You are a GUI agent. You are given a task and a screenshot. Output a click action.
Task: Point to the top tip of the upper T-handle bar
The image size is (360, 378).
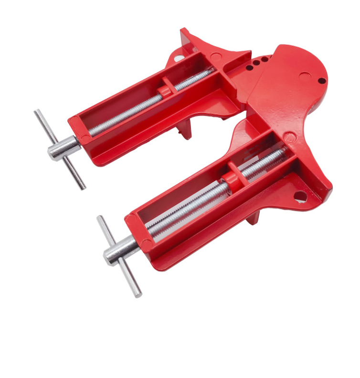click(x=36, y=112)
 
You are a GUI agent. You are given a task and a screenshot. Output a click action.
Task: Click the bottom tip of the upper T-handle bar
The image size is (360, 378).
click(x=84, y=187)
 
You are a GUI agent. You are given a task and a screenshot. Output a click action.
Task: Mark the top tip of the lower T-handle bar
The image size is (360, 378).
click(x=99, y=218)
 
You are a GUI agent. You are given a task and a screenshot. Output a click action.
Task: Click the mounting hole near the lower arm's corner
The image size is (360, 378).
click(x=300, y=195)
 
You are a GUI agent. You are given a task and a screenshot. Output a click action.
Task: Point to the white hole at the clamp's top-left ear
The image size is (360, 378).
click(x=178, y=58)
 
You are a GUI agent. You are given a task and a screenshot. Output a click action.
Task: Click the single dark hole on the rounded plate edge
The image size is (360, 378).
click(x=322, y=80)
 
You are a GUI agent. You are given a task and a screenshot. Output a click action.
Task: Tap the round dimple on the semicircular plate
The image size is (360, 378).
click(x=302, y=75)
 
